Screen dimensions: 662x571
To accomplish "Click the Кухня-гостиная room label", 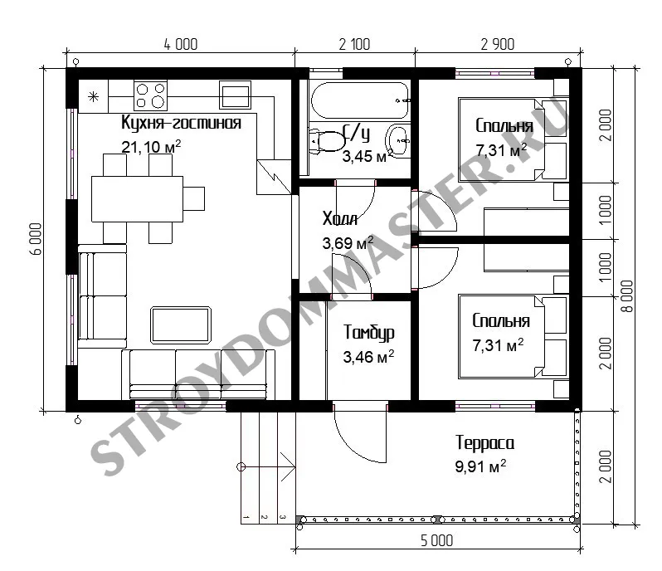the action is coord(181,123).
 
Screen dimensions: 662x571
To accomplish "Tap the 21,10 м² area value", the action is coord(151,147).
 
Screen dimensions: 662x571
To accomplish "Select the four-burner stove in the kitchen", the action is coord(150,95).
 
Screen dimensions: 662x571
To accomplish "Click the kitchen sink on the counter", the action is coord(235,95).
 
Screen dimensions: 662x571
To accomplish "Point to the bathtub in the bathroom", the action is coord(360,100).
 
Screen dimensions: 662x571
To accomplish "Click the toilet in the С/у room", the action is coord(326,141).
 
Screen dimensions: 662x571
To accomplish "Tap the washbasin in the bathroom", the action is coord(397,140).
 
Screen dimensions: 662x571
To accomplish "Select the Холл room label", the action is coord(340,219).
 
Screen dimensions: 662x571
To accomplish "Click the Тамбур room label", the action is coord(369,332).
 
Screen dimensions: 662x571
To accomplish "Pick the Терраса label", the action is coord(484,443).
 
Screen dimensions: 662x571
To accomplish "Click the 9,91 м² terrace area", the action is coord(480,466).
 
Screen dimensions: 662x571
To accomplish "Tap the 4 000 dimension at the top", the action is coord(181,44).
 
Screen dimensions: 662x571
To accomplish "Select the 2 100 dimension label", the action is coord(355,44).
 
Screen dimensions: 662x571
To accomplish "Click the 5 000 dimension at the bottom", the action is coord(437,540).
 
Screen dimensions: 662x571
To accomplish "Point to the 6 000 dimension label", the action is coord(37,239).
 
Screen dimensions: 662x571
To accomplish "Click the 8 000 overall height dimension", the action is coord(627,296).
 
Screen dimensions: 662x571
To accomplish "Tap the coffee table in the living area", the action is coord(181,325).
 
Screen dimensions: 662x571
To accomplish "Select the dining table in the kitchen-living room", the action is coord(137,199).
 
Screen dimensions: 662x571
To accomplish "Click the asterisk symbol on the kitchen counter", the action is coord(93,97).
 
